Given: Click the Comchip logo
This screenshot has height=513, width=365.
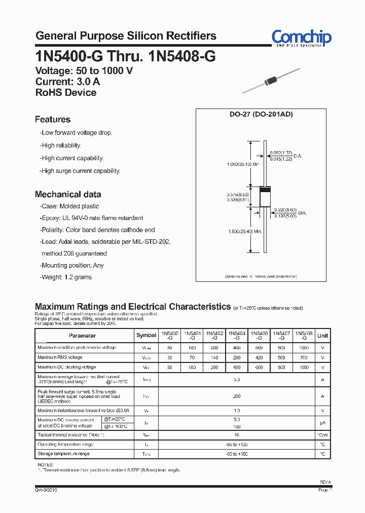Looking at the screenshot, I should pyautogui.click(x=301, y=38).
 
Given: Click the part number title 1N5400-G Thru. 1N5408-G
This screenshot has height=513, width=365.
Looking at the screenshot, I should pyautogui.click(x=125, y=56).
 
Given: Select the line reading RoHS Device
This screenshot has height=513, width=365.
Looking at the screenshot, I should pyautogui.click(x=66, y=92).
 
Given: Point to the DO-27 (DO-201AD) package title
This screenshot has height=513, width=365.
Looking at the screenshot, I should pyautogui.click(x=261, y=115).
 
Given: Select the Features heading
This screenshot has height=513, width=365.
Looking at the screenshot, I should pyautogui.click(x=53, y=120).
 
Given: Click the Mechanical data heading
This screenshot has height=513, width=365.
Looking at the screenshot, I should pyautogui.click(x=68, y=194).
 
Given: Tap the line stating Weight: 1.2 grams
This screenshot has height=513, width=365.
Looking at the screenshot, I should pyautogui.click(x=66, y=277).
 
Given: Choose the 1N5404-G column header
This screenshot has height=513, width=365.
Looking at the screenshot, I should pyautogui.click(x=237, y=335).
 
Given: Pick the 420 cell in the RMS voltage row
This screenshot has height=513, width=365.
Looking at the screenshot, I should pyautogui.click(x=259, y=357).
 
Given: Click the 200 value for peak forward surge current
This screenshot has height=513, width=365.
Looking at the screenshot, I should pyautogui.click(x=237, y=396).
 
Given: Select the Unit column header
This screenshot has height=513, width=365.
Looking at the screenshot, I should pyautogui.click(x=322, y=335).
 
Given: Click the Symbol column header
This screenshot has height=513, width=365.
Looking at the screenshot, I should pyautogui.click(x=147, y=335).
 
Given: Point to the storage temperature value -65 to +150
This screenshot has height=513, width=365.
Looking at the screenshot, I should pyautogui.click(x=237, y=454).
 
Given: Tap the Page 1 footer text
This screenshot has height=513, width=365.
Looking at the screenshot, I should pyautogui.click(x=325, y=490).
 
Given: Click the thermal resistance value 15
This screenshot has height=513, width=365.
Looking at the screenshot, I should pyautogui.click(x=237, y=435).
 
